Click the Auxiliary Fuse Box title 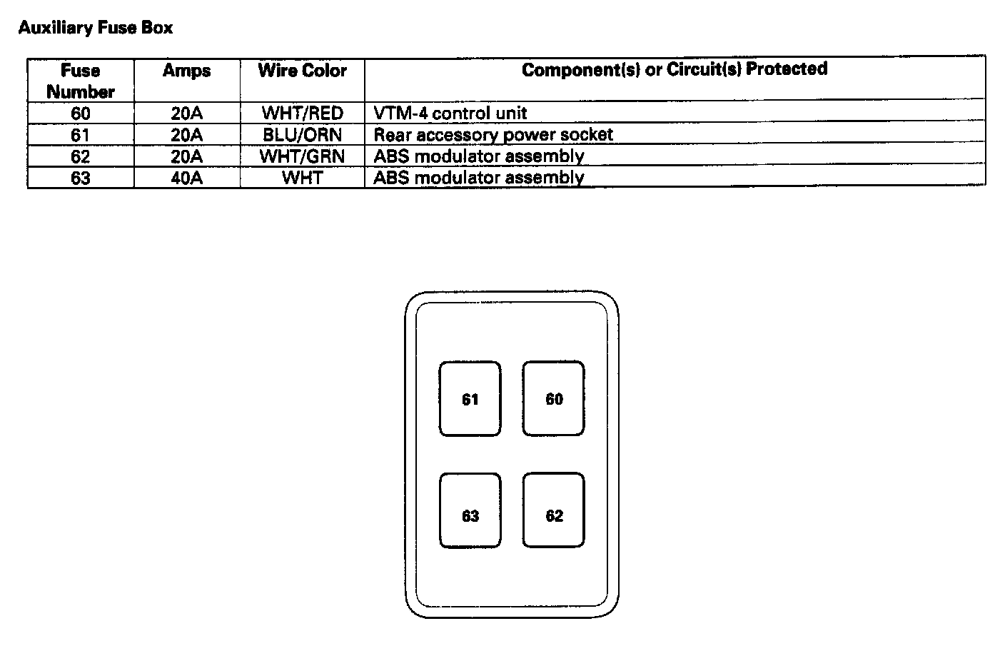pos(96,28)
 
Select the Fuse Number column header pos(80,81)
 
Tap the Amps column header pos(186,71)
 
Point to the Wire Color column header pos(302,71)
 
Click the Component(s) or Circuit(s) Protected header pos(674,69)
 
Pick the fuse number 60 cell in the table pos(80,113)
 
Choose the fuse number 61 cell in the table pos(80,135)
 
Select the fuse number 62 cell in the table pos(80,156)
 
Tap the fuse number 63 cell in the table pos(80,178)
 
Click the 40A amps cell pos(186,178)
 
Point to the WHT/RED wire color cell pos(302,113)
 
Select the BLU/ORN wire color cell pos(302,135)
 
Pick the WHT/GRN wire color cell pos(302,156)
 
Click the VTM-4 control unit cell pos(450,113)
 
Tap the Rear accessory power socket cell pos(493,135)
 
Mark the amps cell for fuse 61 pos(186,135)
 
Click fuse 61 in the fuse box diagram pos(470,399)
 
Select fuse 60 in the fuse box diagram pos(553,399)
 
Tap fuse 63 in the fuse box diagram pos(470,515)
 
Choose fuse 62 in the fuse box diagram pos(553,515)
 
